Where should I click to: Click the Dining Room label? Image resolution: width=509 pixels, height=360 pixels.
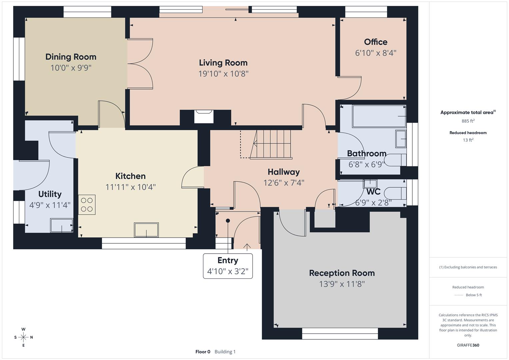(71, 57)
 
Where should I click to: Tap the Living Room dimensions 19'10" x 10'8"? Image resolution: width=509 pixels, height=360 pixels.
(223, 74)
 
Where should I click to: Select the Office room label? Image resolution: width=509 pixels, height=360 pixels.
(376, 42)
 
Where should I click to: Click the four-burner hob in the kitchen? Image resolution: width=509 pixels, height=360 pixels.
(87, 205)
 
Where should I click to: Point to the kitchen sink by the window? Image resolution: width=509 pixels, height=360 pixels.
(146, 230)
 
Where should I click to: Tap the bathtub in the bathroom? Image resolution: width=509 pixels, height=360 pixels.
(379, 116)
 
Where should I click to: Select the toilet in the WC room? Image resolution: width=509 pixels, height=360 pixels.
(395, 193)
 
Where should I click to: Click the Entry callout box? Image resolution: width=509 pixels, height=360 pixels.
(228, 266)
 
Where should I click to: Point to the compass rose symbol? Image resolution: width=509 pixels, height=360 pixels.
(23, 337)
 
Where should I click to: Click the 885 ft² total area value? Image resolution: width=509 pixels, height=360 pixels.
(468, 121)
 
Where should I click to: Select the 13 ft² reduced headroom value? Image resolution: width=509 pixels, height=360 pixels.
(468, 140)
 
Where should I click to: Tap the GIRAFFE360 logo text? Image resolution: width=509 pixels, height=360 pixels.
(468, 345)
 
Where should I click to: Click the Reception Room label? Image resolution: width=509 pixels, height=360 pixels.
(342, 273)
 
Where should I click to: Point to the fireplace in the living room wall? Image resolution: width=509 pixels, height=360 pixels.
(204, 117)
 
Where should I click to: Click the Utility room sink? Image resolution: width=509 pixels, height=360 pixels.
(62, 225)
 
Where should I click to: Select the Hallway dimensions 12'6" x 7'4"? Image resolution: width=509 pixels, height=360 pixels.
(284, 183)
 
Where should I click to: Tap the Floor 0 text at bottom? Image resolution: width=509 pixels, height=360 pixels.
(203, 352)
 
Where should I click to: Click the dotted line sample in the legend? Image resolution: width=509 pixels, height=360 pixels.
(459, 295)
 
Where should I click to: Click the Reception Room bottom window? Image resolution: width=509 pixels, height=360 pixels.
(340, 334)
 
